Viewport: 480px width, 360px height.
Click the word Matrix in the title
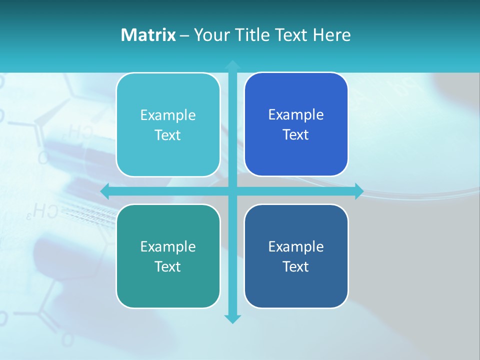[x=148, y=35]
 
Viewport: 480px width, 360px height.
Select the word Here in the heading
[x=332, y=35]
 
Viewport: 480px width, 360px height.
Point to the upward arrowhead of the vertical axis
[x=232, y=65]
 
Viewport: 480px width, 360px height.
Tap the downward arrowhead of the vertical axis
[x=232, y=319]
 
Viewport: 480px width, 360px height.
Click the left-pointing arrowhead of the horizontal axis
[x=105, y=191]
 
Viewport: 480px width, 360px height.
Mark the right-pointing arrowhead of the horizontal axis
[x=359, y=191]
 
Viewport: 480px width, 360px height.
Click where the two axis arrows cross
[x=232, y=191]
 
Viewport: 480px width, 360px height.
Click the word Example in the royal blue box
[x=296, y=115]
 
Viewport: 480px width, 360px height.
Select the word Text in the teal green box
[x=167, y=266]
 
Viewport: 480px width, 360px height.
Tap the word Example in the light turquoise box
[x=168, y=115]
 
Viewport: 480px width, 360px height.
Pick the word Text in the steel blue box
[x=295, y=266]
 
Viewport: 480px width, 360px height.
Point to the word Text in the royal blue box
[x=295, y=135]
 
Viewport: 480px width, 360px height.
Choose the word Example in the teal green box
[x=168, y=247]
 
